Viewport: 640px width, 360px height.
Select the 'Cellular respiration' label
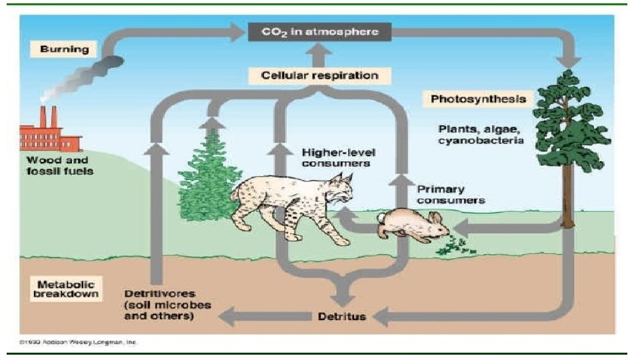[318, 75]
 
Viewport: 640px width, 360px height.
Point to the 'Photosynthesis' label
[479, 99]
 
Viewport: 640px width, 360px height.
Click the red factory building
[50, 137]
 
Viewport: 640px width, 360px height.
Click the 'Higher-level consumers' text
[336, 157]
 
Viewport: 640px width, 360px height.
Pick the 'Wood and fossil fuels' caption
[59, 165]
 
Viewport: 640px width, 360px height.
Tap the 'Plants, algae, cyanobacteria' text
[481, 134]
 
